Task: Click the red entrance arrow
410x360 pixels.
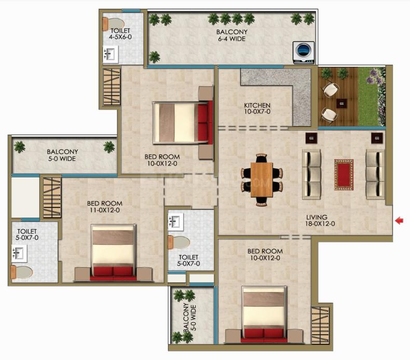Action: point(399,221)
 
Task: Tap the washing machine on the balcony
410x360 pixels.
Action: point(303,52)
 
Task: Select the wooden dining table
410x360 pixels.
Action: point(262,180)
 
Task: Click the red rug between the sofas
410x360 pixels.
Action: point(344,175)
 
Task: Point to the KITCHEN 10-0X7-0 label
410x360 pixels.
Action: point(257,108)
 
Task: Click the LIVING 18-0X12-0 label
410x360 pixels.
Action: point(320,220)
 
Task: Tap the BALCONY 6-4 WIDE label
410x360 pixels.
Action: point(231,35)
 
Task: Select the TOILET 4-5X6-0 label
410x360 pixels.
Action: point(120,34)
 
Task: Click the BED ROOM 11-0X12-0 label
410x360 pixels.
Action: point(105,206)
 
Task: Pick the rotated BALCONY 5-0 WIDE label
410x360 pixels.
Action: point(190,317)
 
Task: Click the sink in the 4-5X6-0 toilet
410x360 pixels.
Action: point(111,54)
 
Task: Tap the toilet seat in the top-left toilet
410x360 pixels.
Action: point(114,24)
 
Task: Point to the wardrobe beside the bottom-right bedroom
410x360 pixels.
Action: point(320,325)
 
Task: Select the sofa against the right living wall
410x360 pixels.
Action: point(375,174)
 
